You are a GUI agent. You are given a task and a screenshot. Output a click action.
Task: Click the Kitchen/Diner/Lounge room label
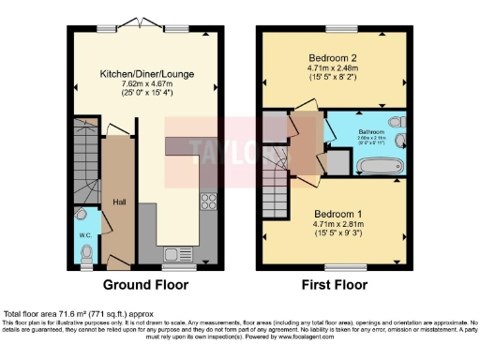click(x=142, y=71)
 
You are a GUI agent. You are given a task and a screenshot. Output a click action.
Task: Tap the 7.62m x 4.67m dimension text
click(x=142, y=84)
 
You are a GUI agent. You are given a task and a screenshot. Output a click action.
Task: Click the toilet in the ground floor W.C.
click(x=87, y=250)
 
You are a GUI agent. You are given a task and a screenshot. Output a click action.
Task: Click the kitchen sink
click(x=174, y=253)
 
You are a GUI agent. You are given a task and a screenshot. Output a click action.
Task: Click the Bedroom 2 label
click(x=336, y=58)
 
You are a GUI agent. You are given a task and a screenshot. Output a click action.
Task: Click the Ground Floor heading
click(x=142, y=285)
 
